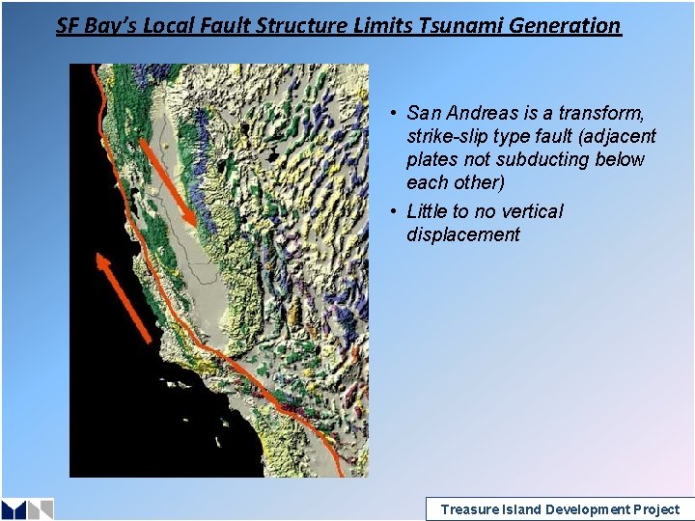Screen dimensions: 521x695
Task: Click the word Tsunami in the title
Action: (459, 25)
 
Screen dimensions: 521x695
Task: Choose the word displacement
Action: (463, 234)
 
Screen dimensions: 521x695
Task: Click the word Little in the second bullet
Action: (426, 211)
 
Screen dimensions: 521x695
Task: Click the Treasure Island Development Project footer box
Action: (559, 509)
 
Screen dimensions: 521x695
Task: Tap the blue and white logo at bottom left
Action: (27, 508)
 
